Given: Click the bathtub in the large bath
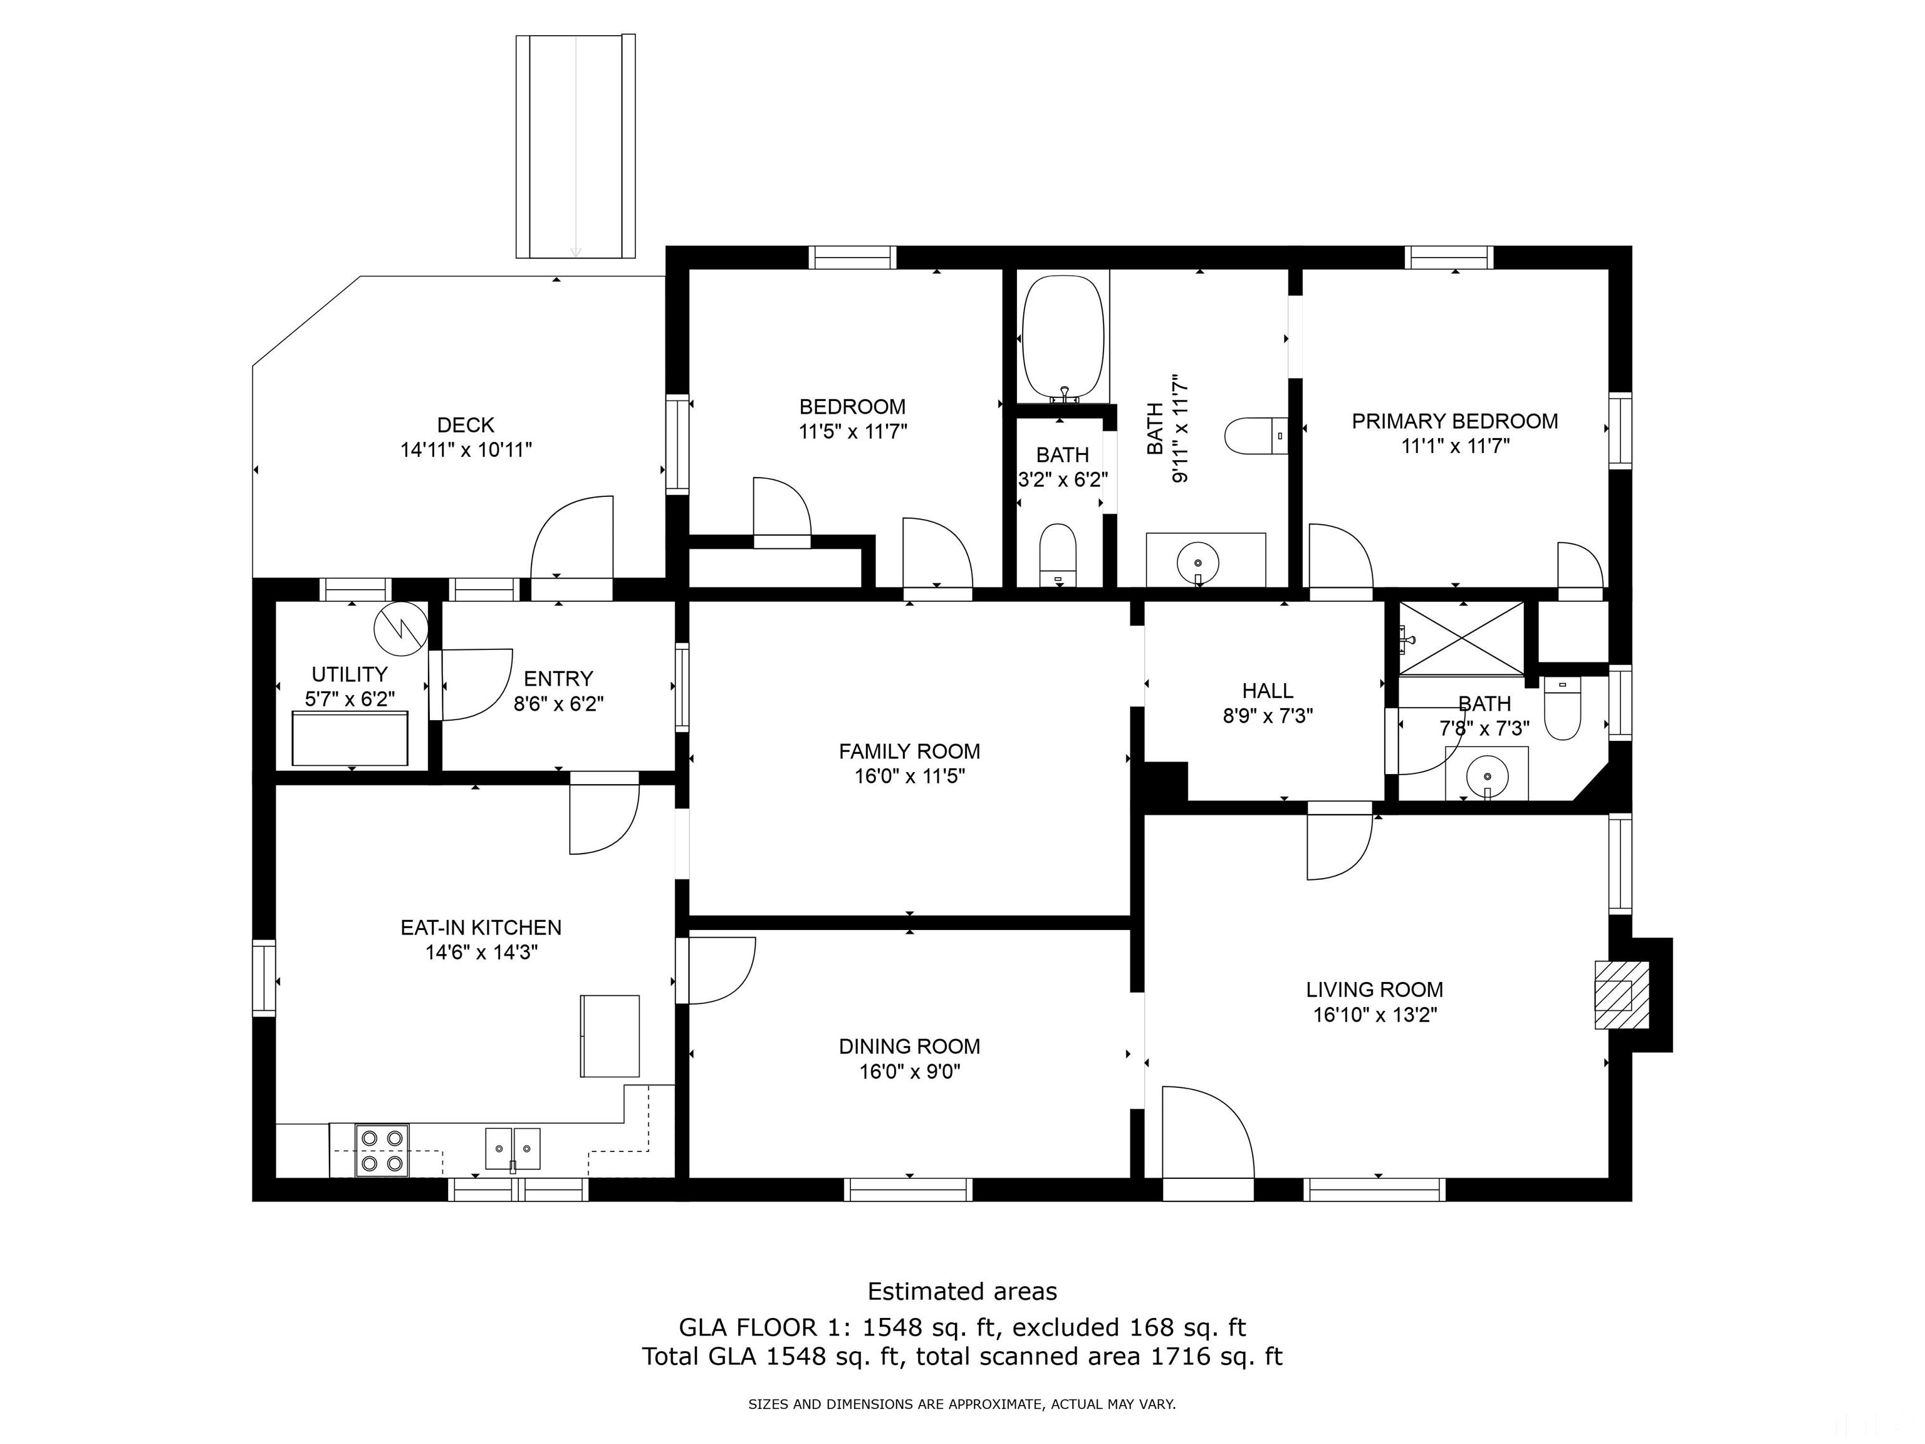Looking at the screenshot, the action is pyautogui.click(x=1063, y=340).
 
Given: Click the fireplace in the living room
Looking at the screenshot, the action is pyautogui.click(x=1621, y=994).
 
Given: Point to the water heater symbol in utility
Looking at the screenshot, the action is pyautogui.click(x=401, y=627).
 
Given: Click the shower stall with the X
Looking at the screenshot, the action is pyautogui.click(x=1461, y=637).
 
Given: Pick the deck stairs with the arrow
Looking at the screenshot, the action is pyautogui.click(x=575, y=146).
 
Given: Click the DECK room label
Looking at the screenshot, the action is pyautogui.click(x=466, y=425).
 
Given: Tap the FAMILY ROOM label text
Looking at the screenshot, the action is pyautogui.click(x=909, y=751).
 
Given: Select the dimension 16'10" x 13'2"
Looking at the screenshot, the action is pyautogui.click(x=1375, y=1015).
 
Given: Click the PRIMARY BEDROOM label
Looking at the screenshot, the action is pyautogui.click(x=1455, y=421).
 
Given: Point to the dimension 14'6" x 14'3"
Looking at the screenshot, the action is pyautogui.click(x=481, y=952).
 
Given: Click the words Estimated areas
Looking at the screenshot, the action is pyautogui.click(x=962, y=1291).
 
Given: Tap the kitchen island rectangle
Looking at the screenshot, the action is pyautogui.click(x=610, y=1037).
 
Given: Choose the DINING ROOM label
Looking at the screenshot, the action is pyautogui.click(x=909, y=1046).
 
